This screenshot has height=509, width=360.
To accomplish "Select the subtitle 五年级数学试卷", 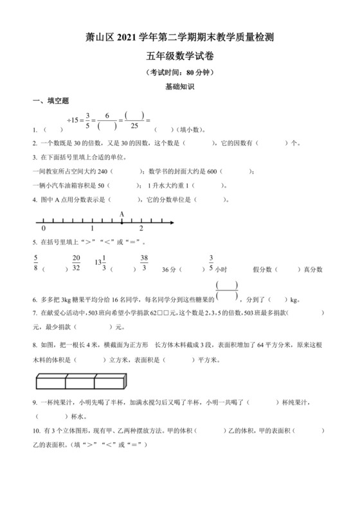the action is pos(179,58).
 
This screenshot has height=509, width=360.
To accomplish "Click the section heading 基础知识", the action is pos(179,85).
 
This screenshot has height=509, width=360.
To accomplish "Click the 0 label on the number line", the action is pos(43,229).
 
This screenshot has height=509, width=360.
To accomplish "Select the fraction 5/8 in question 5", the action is pos(37,263).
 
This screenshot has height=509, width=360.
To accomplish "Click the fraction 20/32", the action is pos(76,263).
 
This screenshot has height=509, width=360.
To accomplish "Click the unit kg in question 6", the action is pos(294,299).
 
